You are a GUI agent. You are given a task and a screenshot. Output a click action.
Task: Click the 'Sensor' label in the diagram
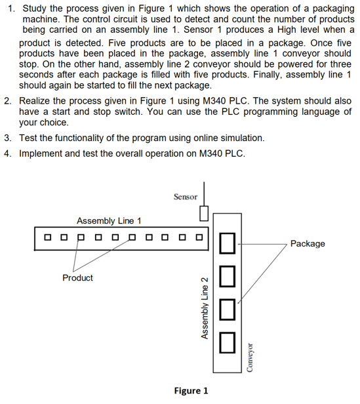click(185, 196)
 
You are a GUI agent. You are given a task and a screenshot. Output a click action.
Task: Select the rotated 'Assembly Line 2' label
click(204, 305)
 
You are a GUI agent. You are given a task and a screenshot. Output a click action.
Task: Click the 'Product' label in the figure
click(77, 277)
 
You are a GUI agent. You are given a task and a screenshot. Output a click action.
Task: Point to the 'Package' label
click(307, 243)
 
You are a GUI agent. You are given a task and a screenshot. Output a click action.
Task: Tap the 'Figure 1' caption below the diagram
click(191, 391)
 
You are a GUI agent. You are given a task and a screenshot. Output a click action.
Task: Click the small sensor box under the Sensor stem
click(203, 214)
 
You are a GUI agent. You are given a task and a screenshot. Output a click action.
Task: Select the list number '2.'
click(9, 102)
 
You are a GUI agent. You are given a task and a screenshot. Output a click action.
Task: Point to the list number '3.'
click(9, 138)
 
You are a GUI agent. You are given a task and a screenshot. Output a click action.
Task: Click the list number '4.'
click(9, 154)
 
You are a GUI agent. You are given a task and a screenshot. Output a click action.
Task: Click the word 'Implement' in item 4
click(44, 154)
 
